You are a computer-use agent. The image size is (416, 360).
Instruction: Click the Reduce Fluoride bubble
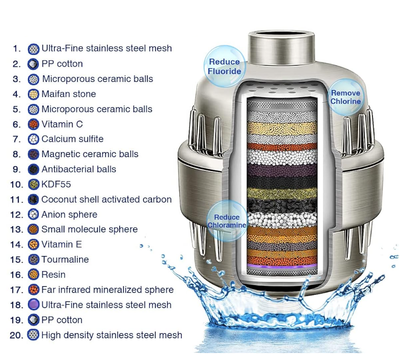coord(224,66)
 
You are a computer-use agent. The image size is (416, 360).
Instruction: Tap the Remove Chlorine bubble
coord(345,97)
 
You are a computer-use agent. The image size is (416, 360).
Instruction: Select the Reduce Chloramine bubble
coord(227,220)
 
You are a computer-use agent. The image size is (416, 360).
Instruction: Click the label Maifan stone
coord(69,94)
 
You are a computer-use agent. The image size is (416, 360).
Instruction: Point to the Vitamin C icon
coord(33,124)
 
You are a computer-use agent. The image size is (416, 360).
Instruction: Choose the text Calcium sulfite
coord(72,139)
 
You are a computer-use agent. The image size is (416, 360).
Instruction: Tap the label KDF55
coord(56,184)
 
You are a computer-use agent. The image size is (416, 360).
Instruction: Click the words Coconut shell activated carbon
coord(106,199)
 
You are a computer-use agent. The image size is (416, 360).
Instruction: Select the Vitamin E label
coord(61,244)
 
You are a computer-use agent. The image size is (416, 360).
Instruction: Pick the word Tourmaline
coord(65,259)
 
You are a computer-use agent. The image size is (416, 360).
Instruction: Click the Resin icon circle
coord(33,275)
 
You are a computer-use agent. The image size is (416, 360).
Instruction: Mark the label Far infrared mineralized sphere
coord(107,290)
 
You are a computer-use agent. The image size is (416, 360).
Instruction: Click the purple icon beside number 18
coord(33,305)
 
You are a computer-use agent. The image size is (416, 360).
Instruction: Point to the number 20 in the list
coord(16,335)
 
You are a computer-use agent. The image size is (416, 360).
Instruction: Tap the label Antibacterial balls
coord(79,169)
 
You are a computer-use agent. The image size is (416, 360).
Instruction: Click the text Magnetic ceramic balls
coord(90,154)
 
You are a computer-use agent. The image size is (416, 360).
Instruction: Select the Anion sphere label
coord(69,214)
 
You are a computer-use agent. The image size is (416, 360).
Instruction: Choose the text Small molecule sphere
coord(89,229)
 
